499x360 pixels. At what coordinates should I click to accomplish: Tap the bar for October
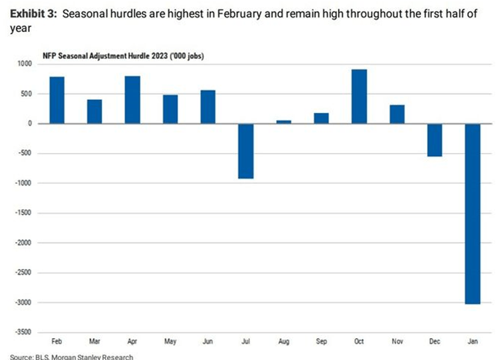[359, 96]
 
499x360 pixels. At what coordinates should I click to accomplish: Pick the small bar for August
[283, 122]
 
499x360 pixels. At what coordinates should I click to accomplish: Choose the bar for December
[435, 140]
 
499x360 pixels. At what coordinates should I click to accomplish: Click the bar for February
[57, 100]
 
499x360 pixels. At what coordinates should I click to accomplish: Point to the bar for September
[321, 118]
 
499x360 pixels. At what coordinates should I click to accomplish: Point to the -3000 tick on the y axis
[23, 302]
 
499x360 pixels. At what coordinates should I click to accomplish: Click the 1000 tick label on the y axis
[25, 64]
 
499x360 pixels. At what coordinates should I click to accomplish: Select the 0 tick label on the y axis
[31, 124]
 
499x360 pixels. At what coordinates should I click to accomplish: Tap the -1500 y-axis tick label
[23, 213]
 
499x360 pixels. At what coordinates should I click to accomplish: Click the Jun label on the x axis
[208, 341]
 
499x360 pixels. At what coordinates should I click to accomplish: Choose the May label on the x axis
[170, 341]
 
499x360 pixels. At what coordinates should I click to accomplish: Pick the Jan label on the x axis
[473, 341]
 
